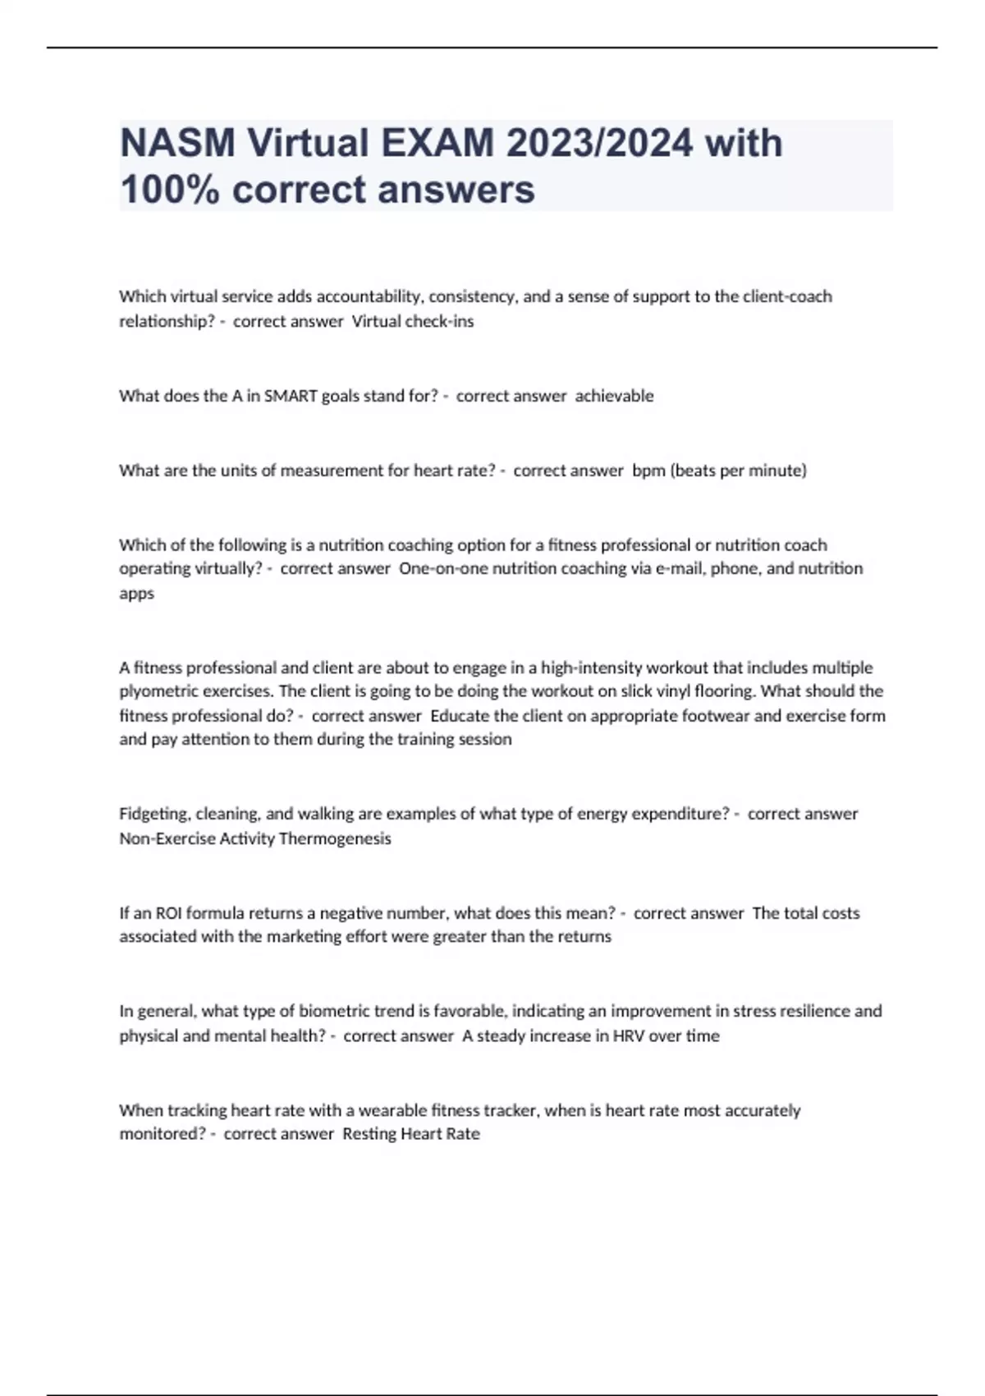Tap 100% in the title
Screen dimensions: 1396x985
[x=170, y=190]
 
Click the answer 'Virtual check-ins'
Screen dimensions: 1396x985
[x=413, y=321]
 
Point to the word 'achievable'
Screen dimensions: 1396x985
[x=614, y=396]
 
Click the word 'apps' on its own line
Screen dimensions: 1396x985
[x=136, y=593]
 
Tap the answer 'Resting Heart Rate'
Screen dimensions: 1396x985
[x=410, y=1134]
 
